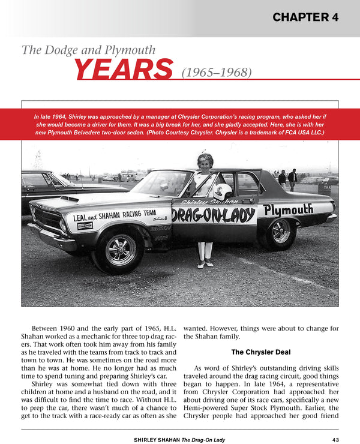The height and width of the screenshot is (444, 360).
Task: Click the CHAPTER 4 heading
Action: [x=305, y=17]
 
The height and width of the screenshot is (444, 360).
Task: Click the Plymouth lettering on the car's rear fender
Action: [x=288, y=209]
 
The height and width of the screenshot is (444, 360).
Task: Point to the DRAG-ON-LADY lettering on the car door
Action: [x=213, y=215]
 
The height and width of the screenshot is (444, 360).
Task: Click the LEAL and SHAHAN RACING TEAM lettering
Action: [x=115, y=215]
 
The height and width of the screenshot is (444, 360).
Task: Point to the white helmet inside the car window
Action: [x=223, y=192]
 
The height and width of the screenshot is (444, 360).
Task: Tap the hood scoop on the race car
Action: [x=70, y=199]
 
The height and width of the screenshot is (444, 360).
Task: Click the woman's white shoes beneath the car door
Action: [x=205, y=264]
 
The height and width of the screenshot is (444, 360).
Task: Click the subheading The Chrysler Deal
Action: [x=260, y=352]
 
